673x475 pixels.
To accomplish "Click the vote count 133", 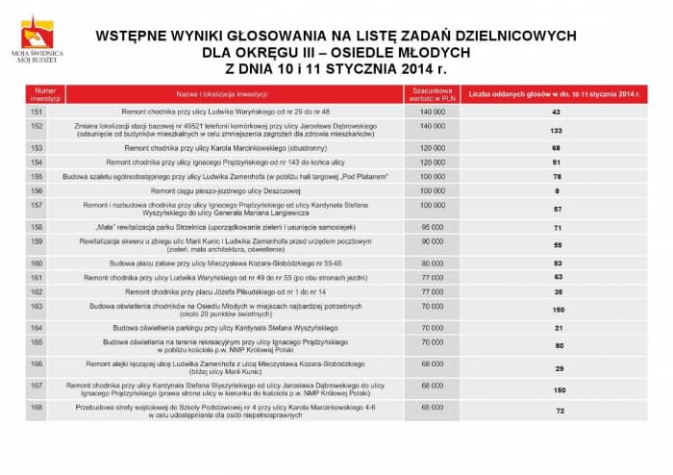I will click(x=556, y=131).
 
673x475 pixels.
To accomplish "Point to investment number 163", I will click(x=37, y=305).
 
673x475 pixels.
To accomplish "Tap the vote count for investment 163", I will click(x=556, y=310).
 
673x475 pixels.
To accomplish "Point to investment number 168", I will click(x=37, y=407).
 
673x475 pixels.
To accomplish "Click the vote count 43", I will click(x=556, y=112).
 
